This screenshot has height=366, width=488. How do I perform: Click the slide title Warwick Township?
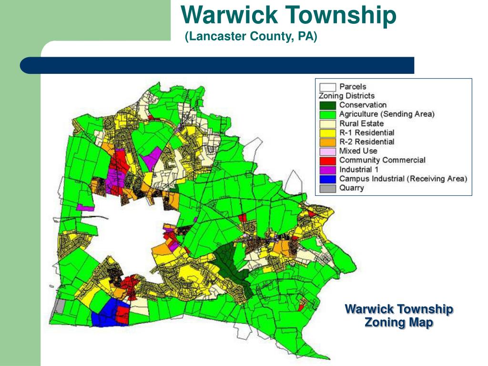tap(288, 15)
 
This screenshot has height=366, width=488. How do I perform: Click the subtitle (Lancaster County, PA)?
tap(251, 37)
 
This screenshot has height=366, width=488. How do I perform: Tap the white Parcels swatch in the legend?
tap(327, 87)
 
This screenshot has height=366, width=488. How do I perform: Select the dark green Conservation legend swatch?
tap(327, 105)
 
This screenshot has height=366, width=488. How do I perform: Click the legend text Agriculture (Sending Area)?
tap(386, 114)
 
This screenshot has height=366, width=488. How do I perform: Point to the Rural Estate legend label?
tap(361, 123)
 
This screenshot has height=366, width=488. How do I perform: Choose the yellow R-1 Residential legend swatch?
tap(327, 132)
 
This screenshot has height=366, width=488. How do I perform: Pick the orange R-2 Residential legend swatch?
tap(327, 142)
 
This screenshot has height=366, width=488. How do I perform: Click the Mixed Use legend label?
tap(358, 151)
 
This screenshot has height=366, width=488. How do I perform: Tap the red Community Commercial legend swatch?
tap(327, 160)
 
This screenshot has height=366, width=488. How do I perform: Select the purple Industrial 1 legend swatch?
tap(327, 170)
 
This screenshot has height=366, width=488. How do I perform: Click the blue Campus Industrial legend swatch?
tap(327, 179)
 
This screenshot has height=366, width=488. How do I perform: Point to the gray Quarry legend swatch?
tap(327, 188)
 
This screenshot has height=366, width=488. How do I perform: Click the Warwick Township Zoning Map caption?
tap(399, 316)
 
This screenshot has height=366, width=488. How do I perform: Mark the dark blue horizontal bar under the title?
tap(217, 65)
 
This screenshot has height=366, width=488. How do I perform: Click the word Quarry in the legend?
tap(352, 188)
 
